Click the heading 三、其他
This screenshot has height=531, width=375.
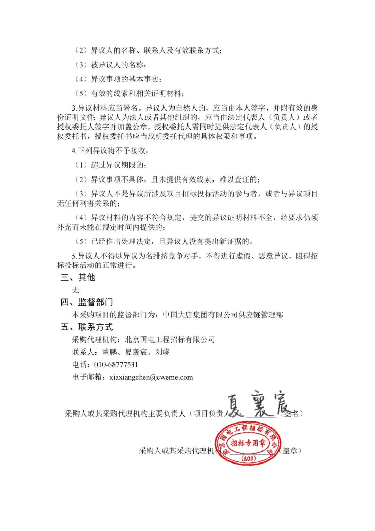(78, 277)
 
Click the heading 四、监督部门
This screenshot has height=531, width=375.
(87, 302)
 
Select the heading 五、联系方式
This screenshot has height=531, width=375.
(87, 327)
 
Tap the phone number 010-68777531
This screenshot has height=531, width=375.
(116, 364)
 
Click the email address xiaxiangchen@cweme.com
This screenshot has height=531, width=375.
(151, 377)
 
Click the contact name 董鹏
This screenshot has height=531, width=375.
(109, 352)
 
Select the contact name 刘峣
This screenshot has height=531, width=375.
(162, 352)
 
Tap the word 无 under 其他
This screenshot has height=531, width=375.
(75, 290)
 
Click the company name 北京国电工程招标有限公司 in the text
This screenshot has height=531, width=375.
(170, 339)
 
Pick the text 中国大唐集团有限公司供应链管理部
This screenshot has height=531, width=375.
(223, 315)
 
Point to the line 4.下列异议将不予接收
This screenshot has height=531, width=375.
(110, 151)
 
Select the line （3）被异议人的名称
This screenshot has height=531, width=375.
(110, 65)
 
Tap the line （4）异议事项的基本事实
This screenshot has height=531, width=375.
(118, 79)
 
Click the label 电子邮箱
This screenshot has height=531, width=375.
(87, 377)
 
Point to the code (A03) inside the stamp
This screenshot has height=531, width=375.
(249, 458)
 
